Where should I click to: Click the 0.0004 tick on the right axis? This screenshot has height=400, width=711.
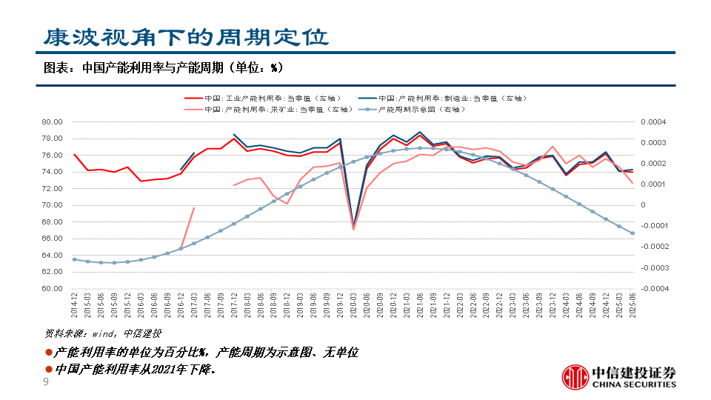tap(652, 122)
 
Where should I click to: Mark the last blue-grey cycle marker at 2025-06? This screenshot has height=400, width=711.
tap(632, 233)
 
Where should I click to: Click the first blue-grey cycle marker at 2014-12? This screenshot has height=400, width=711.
tap(75, 259)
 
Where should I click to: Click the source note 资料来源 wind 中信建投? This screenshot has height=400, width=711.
tap(103, 333)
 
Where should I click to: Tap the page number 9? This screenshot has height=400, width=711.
tap(46, 382)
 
